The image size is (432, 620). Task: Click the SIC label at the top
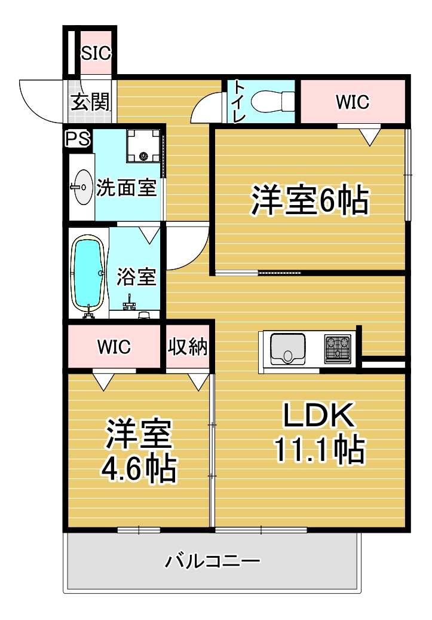pyautogui.click(x=96, y=53)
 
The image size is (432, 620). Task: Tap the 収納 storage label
pyautogui.click(x=188, y=347)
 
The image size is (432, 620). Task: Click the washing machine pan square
pyautogui.click(x=143, y=145)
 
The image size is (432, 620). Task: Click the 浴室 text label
pyautogui.click(x=136, y=277)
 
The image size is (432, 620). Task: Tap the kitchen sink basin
pyautogui.click(x=289, y=349)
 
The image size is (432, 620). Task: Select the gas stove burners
pyautogui.click(x=338, y=349)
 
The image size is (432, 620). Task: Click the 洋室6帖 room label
pyautogui.click(x=309, y=201)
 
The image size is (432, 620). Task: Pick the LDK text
pyautogui.click(x=318, y=416)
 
